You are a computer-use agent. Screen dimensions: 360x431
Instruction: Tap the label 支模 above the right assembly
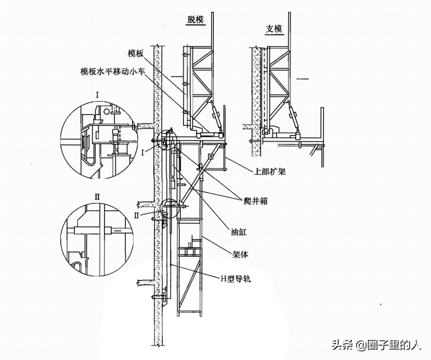[274, 29]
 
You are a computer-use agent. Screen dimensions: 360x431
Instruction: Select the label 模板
[135, 53]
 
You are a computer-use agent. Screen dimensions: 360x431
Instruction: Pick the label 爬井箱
[255, 201]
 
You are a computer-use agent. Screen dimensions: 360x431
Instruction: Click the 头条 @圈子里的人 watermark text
[377, 345]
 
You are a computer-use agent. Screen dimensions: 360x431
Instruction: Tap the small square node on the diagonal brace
[211, 157]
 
